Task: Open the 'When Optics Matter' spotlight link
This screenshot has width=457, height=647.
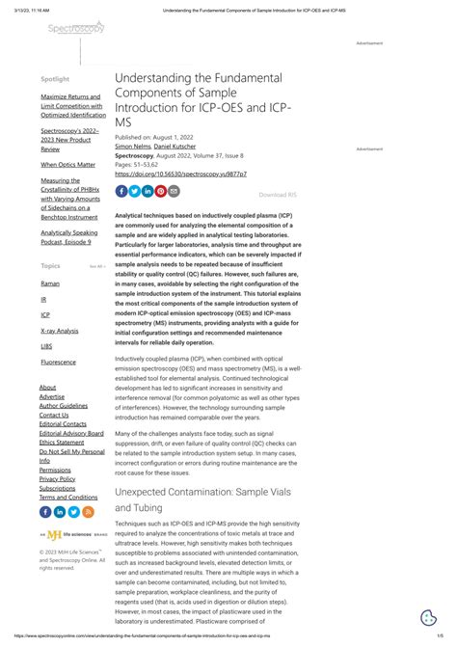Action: click(67, 165)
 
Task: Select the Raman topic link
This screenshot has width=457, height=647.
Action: click(49, 283)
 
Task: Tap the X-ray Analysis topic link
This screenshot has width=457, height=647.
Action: click(60, 330)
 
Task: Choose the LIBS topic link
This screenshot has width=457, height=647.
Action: click(46, 345)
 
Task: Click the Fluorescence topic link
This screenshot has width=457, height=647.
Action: click(59, 362)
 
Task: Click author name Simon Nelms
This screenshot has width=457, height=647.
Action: click(132, 146)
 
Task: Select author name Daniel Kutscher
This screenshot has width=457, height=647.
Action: click(174, 146)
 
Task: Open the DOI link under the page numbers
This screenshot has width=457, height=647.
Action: click(167, 175)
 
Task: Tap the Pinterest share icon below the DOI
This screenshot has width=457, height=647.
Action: click(161, 191)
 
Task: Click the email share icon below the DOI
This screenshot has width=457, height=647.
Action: click(175, 191)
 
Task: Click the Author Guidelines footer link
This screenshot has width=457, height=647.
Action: click(63, 405)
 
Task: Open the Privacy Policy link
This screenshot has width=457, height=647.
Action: click(57, 478)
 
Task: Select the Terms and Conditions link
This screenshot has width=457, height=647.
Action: click(67, 498)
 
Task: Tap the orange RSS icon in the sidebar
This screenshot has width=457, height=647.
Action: click(89, 512)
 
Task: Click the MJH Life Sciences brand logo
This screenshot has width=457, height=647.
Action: click(58, 533)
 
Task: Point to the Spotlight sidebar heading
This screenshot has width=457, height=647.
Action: click(54, 78)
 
